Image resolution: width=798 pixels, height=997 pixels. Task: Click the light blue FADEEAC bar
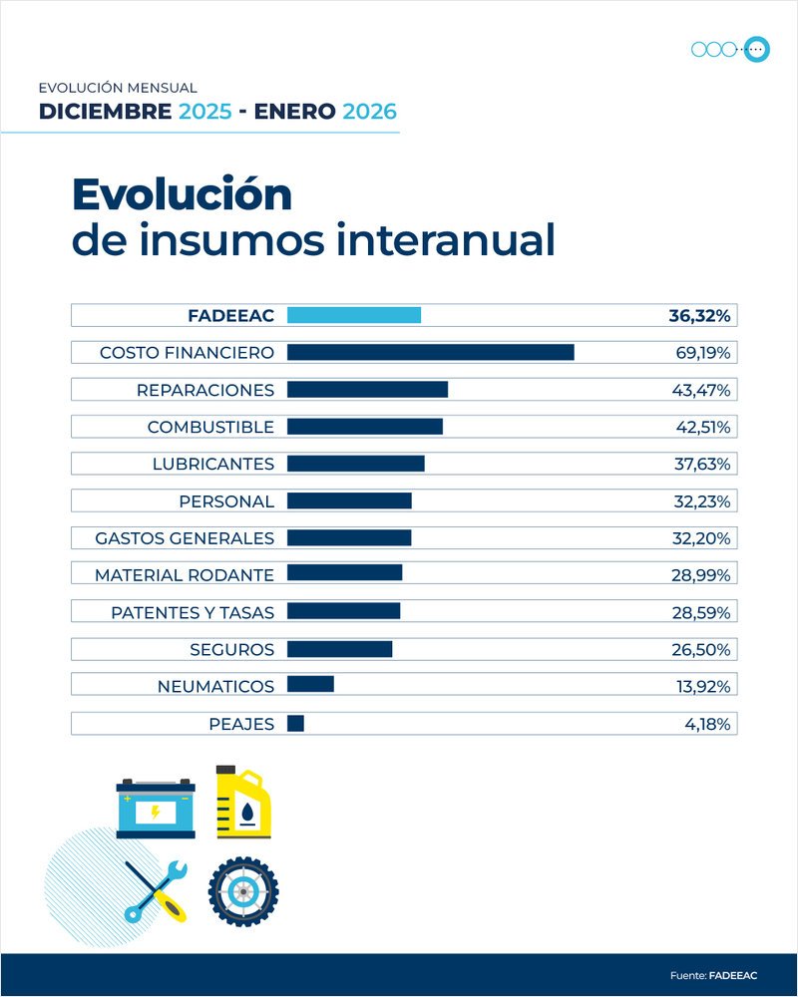(354, 315)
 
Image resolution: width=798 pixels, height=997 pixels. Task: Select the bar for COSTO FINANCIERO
(430, 352)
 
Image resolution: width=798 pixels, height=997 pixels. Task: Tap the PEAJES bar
(295, 724)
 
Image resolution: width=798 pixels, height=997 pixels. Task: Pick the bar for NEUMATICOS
(310, 686)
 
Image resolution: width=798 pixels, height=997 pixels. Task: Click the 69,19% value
(702, 352)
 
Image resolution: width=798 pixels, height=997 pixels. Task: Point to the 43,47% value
(702, 390)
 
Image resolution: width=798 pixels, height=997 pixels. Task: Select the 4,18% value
(708, 724)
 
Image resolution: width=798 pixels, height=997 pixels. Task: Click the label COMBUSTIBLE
(210, 427)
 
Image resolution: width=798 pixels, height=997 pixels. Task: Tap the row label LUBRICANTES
(212, 464)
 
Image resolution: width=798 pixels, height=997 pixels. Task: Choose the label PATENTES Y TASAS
(193, 612)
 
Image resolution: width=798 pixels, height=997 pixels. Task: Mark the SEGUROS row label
(231, 649)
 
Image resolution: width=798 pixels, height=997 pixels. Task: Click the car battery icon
(156, 808)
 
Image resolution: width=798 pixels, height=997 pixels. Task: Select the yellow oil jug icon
(244, 802)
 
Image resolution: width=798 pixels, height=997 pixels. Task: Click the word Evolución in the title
(182, 194)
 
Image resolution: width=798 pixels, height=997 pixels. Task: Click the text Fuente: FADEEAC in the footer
(713, 974)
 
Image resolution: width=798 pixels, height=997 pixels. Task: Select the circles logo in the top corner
(730, 48)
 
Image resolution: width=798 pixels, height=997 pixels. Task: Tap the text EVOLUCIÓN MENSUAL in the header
(118, 88)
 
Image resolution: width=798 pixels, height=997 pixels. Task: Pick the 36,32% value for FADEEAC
(699, 315)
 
